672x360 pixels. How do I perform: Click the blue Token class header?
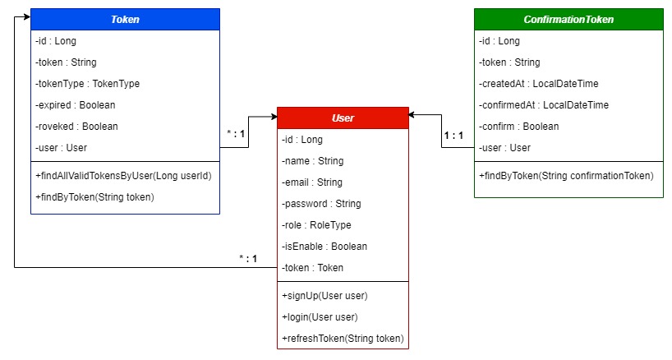click(125, 19)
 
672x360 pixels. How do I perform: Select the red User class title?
click(343, 118)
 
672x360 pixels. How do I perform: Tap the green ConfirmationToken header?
click(568, 19)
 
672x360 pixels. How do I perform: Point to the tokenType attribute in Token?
click(88, 84)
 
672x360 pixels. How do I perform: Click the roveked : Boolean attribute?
click(76, 127)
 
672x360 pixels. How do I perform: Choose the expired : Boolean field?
click(76, 105)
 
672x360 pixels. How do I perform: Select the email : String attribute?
click(312, 182)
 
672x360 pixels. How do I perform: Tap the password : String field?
click(321, 204)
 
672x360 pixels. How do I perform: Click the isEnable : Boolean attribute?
click(324, 247)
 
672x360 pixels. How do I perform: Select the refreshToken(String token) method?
click(342, 339)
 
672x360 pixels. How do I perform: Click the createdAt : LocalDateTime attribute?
click(537, 84)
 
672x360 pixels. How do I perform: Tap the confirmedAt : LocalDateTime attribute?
click(543, 105)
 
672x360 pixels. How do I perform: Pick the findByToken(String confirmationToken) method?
click(565, 176)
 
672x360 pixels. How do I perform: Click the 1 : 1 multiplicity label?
click(453, 136)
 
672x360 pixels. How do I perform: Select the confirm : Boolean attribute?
click(518, 127)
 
